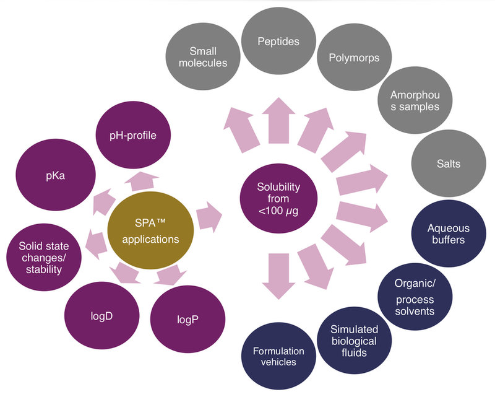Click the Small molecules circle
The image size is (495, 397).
tap(199, 56)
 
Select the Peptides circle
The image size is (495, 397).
tap(278, 41)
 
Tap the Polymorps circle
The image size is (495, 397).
tap(347, 58)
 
